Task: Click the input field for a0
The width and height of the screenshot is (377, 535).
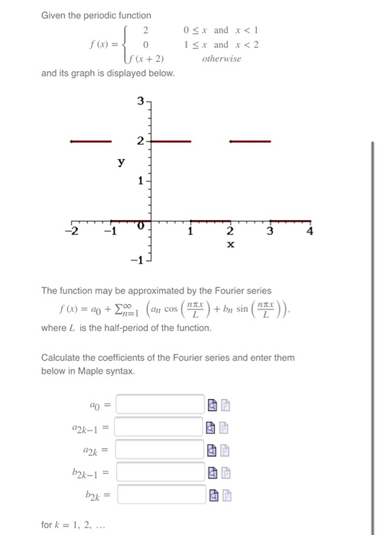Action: coord(161,404)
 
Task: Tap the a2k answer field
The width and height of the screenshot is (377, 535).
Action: coord(161,451)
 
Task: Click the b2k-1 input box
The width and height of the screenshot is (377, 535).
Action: coord(161,474)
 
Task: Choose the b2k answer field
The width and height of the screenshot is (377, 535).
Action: coord(161,496)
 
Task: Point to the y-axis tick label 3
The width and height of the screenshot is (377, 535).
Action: coord(140,101)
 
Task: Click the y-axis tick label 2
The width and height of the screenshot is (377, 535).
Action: coord(140,141)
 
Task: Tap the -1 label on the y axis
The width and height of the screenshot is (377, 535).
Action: coord(135,260)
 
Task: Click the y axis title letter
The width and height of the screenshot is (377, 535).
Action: coord(121,162)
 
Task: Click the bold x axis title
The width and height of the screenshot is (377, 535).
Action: coord(230,245)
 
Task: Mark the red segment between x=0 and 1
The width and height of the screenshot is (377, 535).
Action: coord(169,141)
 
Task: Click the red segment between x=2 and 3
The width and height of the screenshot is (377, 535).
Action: coord(250,141)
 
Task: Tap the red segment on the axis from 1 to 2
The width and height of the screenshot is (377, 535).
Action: coord(210,221)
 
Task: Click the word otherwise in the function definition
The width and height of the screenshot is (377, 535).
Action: coord(222,58)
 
